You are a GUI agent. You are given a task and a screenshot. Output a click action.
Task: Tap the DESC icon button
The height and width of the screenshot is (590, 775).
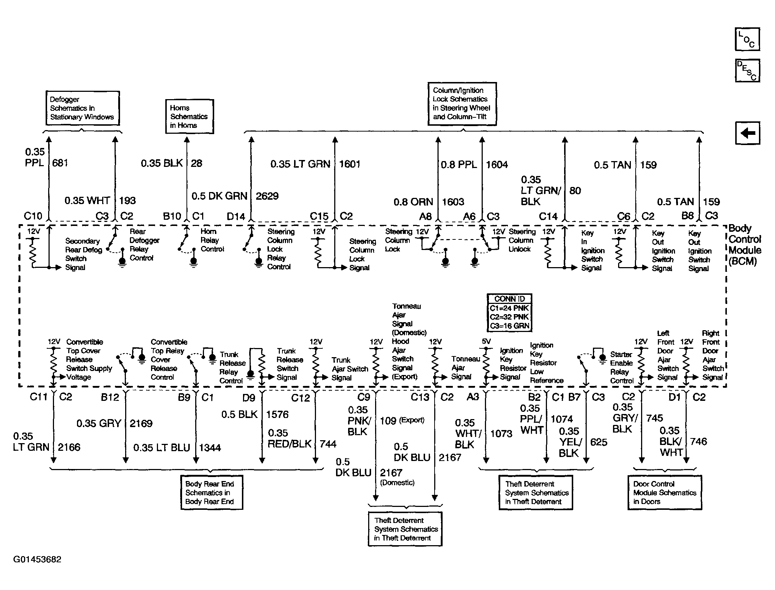tap(747, 70)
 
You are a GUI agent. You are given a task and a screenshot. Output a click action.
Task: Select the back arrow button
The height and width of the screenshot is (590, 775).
tap(747, 133)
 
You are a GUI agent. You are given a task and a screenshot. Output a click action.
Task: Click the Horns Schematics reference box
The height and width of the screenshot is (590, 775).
tap(189, 116)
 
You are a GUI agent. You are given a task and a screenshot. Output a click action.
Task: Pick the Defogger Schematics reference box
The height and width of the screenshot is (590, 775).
tap(82, 108)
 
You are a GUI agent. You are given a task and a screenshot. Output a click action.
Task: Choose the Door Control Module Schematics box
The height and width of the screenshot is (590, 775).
tap(664, 492)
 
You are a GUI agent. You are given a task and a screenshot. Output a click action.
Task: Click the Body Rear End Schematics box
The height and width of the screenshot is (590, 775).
tap(212, 492)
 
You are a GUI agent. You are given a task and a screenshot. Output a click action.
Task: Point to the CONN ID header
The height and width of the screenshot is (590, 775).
tap(509, 299)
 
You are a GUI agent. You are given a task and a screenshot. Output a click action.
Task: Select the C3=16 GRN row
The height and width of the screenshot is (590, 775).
tap(509, 326)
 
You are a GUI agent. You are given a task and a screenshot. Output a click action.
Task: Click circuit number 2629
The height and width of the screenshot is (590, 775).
tap(267, 196)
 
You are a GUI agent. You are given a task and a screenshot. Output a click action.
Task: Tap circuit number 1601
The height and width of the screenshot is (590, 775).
tap(350, 164)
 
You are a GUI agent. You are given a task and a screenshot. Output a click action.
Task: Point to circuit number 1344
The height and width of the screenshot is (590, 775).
tap(210, 448)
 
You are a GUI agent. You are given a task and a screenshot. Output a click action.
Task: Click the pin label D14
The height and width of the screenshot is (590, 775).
tap(236, 216)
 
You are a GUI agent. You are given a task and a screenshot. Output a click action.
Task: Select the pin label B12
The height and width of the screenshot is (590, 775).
tap(110, 397)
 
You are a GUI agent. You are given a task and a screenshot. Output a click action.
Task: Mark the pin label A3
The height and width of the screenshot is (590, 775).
tap(473, 397)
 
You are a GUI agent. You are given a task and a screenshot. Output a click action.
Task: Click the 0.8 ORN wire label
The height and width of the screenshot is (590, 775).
tap(413, 202)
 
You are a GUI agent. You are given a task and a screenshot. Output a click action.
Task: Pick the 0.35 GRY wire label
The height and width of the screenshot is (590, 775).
tap(99, 423)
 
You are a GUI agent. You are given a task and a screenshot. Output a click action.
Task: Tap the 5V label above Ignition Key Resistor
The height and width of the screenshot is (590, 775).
tap(486, 341)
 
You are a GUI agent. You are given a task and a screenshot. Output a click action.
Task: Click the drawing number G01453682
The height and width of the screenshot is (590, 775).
tap(37, 559)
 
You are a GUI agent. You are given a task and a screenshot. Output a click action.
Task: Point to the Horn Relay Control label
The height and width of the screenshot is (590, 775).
tap(212, 240)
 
